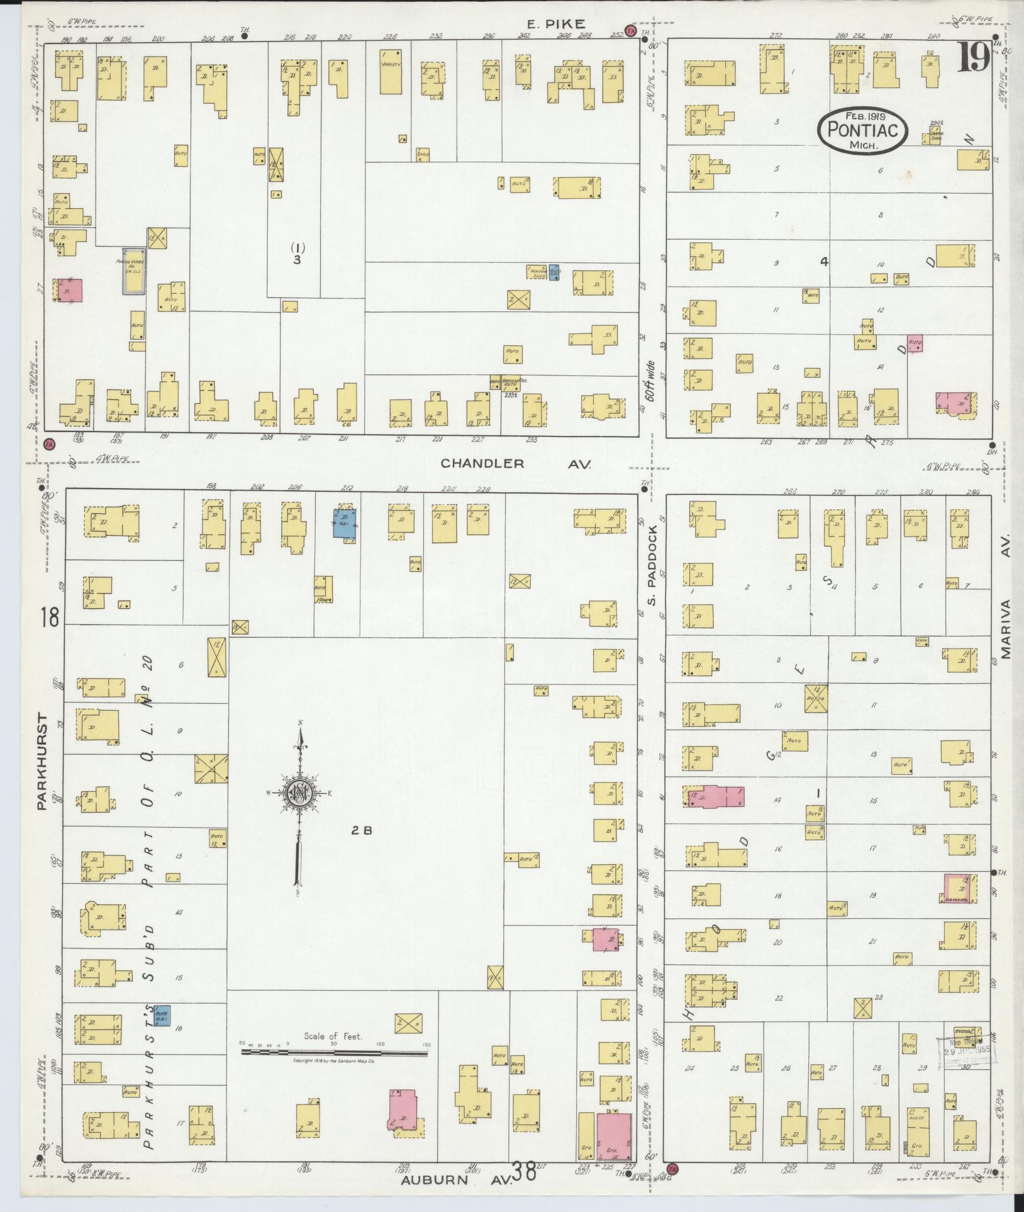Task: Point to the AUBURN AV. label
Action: click(x=454, y=1180)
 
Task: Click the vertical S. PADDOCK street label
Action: click(x=652, y=564)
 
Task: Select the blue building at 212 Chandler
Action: click(x=345, y=521)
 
